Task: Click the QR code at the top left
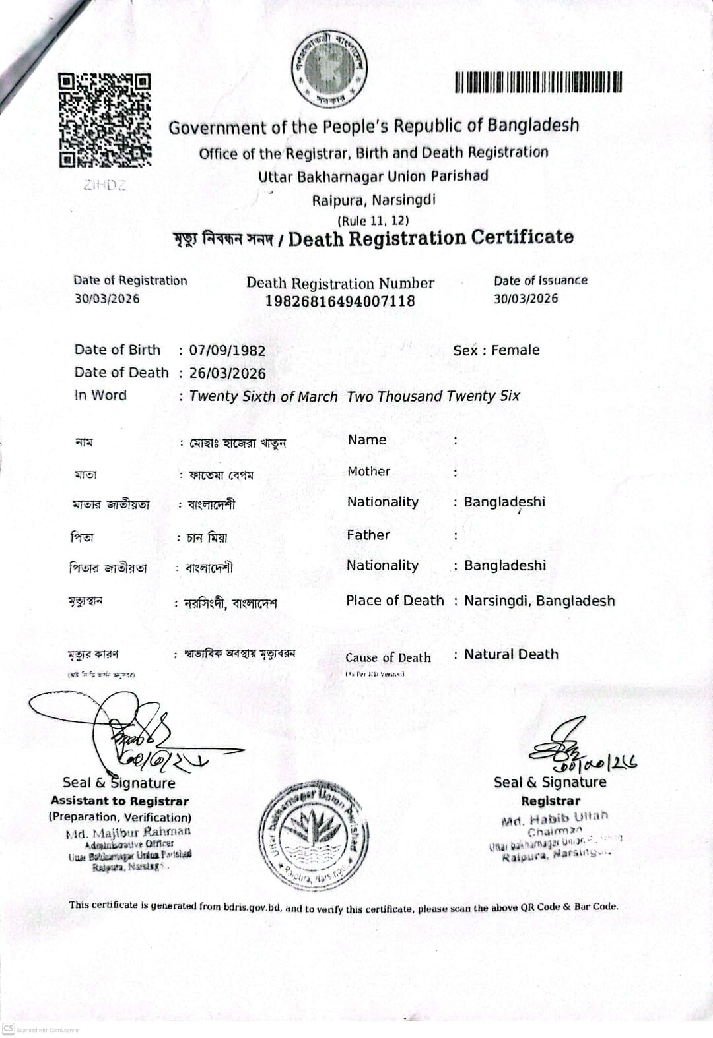point(105,119)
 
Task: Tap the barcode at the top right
point(538,82)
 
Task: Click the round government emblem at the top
point(329,69)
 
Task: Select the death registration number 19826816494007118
point(340,301)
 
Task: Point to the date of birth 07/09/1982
point(227,351)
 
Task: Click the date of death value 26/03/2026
point(227,373)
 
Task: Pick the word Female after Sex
point(515,350)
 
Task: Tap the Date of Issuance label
point(540,280)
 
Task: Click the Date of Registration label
point(130,280)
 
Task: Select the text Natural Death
point(511,654)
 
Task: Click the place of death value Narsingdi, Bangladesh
point(539,601)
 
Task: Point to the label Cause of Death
point(388,657)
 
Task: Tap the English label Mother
point(368,472)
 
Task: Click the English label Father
point(368,535)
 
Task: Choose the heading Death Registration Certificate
point(430,238)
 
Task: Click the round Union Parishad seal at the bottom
point(314,836)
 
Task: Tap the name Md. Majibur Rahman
point(128,832)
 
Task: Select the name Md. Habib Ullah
point(555,818)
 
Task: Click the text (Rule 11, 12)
point(373,220)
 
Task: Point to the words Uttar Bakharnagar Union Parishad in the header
point(373,177)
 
